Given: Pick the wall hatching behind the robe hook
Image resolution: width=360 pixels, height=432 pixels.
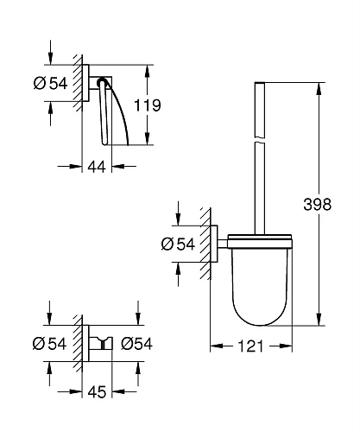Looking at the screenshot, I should click(x=79, y=343).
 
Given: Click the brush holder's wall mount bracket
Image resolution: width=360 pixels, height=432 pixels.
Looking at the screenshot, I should click(x=219, y=245).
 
